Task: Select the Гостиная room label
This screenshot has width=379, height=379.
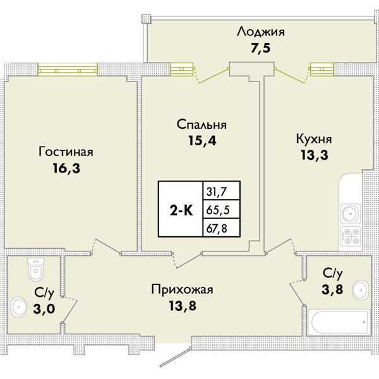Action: [x=66, y=152]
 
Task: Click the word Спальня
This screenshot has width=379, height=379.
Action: [x=202, y=125]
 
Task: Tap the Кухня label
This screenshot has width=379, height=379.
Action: [x=314, y=137]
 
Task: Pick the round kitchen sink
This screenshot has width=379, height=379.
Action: [x=350, y=212]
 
